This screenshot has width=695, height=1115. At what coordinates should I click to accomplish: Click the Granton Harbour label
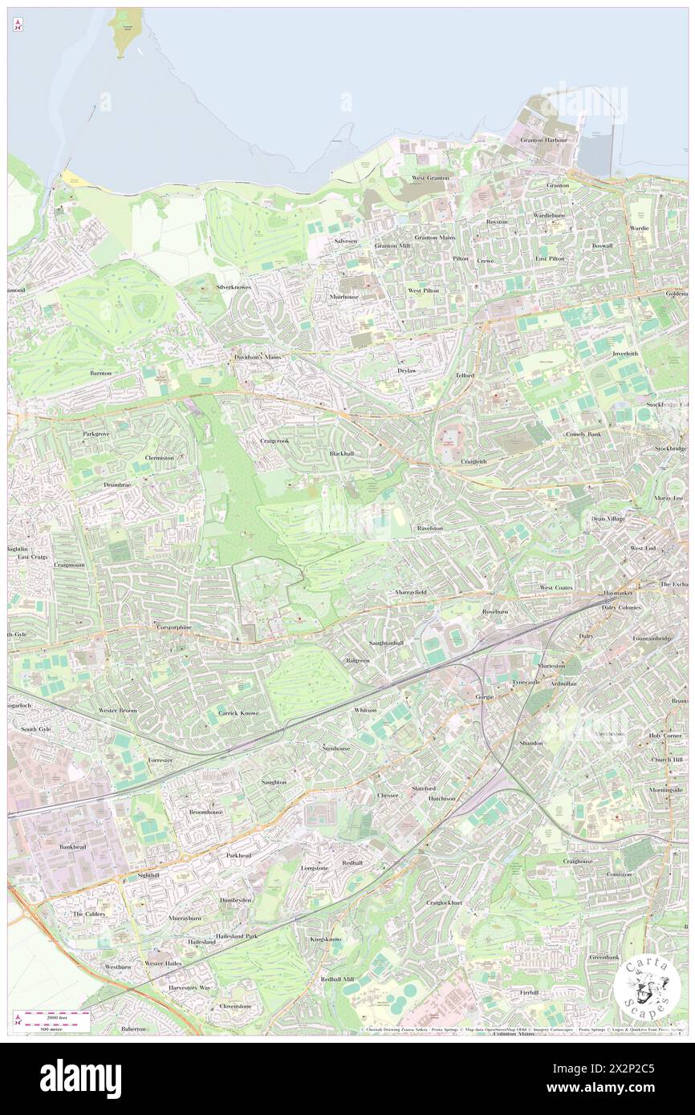pyautogui.click(x=543, y=140)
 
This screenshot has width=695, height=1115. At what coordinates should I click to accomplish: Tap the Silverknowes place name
pyautogui.click(x=234, y=286)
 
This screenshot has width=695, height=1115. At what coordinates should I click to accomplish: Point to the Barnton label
pyautogui.click(x=101, y=373)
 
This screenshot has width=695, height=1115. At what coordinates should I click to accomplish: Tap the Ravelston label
pyautogui.click(x=430, y=529)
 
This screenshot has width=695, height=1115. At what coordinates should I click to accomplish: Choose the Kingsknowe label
pyautogui.click(x=326, y=939)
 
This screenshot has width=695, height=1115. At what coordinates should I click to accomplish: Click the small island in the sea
pyautogui.click(x=124, y=32)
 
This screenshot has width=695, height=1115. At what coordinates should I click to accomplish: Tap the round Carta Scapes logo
pyautogui.click(x=647, y=989)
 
